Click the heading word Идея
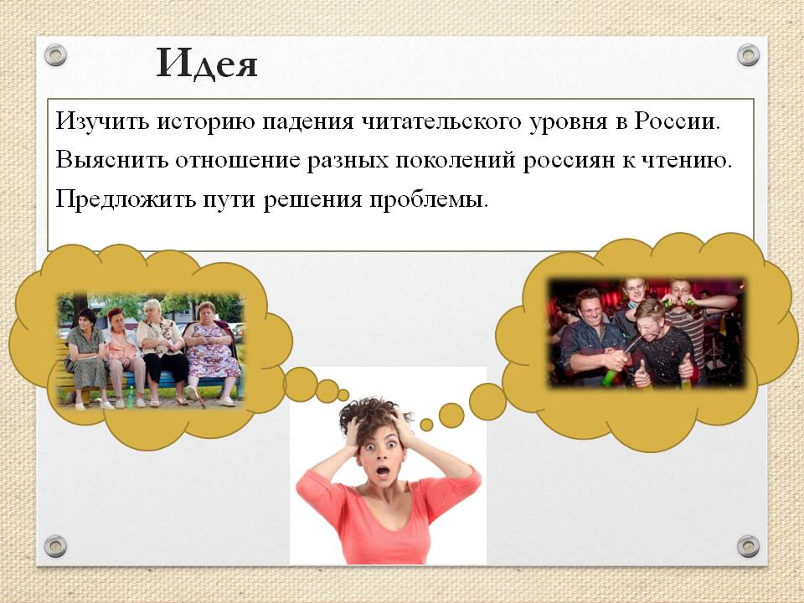point(207,64)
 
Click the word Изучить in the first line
point(102,122)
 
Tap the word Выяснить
point(111,160)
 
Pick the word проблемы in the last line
point(429,199)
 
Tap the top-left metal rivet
point(55,55)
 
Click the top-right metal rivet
point(748,55)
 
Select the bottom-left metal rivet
point(55,546)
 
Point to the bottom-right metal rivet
point(748,546)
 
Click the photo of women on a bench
point(150,351)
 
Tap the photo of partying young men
point(647,332)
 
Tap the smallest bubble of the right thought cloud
point(426,425)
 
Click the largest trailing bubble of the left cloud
point(301,384)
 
